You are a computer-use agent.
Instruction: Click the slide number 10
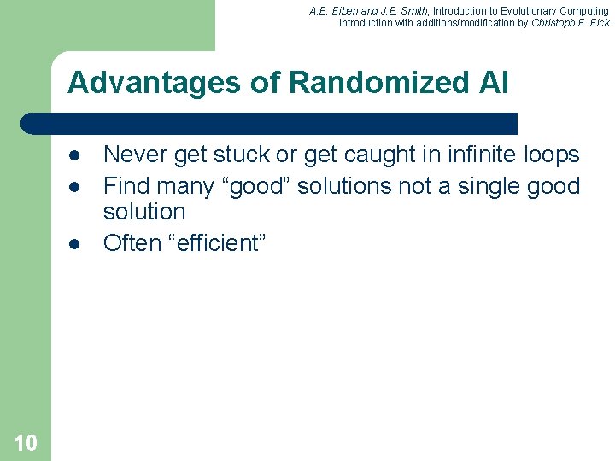[26, 442]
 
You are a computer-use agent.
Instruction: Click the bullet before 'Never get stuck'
[75, 155]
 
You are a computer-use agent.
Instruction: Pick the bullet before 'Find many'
[75, 186]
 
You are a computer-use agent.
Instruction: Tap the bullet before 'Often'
[75, 243]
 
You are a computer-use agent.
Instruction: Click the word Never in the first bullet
[135, 155]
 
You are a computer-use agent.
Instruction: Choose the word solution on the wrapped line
[143, 212]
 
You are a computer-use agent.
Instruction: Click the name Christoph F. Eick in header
[570, 23]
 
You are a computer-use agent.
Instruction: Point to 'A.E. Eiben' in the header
[336, 10]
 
